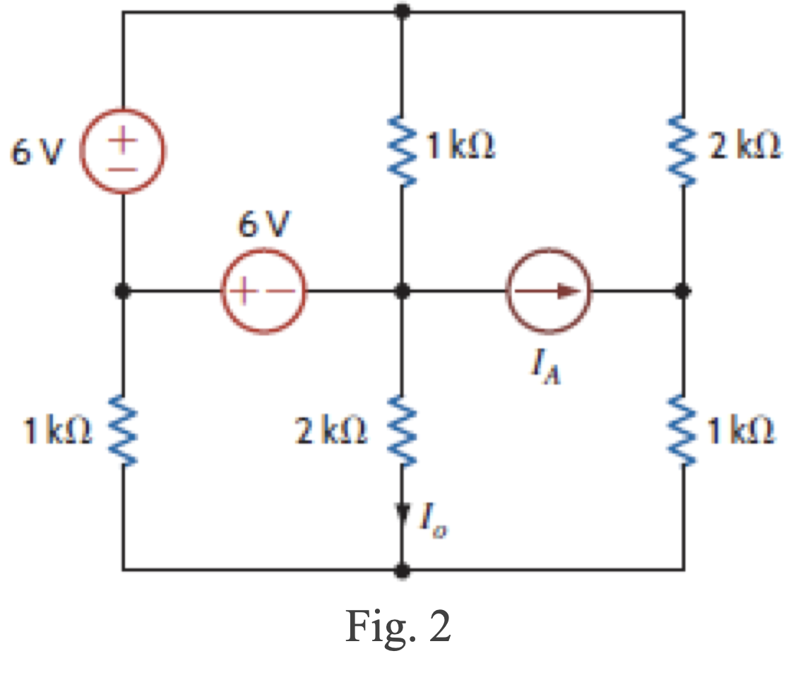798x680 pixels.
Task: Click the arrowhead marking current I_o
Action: tap(403, 510)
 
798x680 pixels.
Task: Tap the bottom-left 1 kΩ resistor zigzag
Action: tap(123, 431)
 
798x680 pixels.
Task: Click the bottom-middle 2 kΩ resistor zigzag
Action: tap(402, 431)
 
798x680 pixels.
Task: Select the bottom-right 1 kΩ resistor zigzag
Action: tap(683, 431)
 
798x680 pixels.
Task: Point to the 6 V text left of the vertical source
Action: tap(35, 152)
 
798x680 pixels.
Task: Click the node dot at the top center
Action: tap(402, 11)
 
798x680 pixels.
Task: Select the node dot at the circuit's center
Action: tap(402, 291)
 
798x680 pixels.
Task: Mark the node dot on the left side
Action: tap(123, 291)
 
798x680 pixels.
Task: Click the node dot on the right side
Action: tap(682, 291)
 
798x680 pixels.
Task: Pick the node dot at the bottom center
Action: tap(402, 569)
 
